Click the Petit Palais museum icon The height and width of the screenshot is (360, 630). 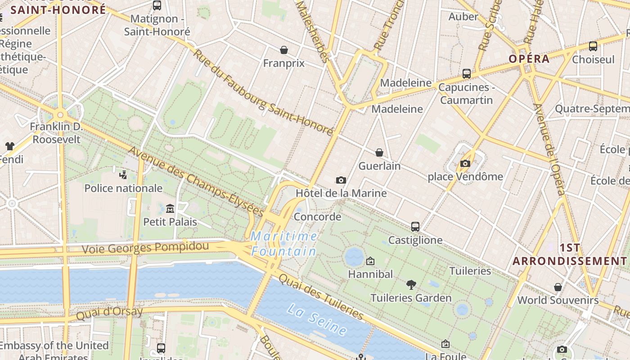click(170, 208)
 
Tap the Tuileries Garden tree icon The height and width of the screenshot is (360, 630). click(411, 284)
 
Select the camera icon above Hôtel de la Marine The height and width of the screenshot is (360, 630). click(341, 180)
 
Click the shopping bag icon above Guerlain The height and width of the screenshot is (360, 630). click(379, 153)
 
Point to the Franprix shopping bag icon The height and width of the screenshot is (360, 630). click(284, 49)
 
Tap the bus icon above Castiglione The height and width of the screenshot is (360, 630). click(415, 226)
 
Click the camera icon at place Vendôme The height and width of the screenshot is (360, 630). click(465, 163)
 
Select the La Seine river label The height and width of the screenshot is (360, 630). click(317, 319)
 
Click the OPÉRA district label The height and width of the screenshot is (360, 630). click(529, 59)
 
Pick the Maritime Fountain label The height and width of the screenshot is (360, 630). click(284, 243)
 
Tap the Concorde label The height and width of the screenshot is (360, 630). click(317, 216)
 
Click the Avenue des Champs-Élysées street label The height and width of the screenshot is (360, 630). click(196, 182)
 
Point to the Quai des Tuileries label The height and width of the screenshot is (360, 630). click(320, 296)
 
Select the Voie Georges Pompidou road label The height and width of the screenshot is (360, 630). click(145, 247)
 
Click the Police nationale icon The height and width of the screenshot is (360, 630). click(123, 175)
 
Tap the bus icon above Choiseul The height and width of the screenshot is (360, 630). click(593, 46)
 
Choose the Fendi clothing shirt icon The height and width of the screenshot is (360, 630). click(10, 146)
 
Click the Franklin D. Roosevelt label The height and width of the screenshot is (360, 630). click(56, 133)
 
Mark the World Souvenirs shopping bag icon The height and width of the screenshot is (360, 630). click(558, 287)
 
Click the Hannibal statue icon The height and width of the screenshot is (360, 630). click(370, 261)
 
